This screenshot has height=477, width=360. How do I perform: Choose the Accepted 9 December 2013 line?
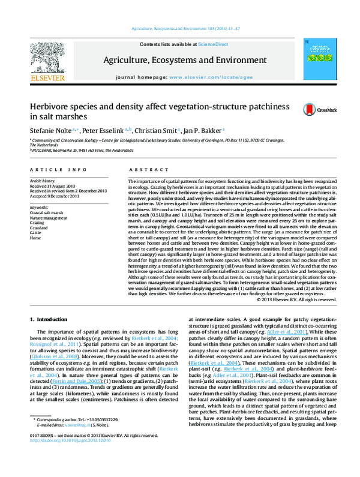pos(55,195)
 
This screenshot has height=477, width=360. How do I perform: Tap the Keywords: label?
pos(40,206)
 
